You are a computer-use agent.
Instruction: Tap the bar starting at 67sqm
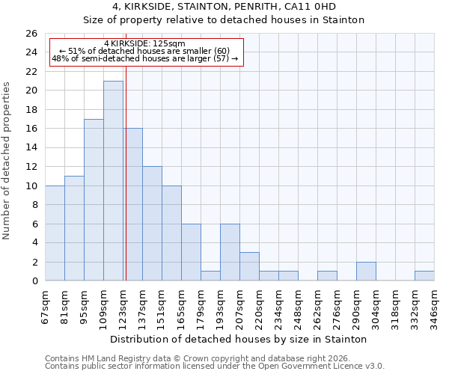55,233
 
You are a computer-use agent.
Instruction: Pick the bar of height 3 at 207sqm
249,266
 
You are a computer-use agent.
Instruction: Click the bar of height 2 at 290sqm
366,272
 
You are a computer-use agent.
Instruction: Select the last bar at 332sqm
424,276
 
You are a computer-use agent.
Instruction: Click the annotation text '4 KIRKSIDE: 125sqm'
144,44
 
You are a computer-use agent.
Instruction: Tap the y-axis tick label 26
31,34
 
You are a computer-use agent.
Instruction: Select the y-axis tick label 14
31,148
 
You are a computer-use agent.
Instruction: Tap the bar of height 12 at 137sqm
152,224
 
